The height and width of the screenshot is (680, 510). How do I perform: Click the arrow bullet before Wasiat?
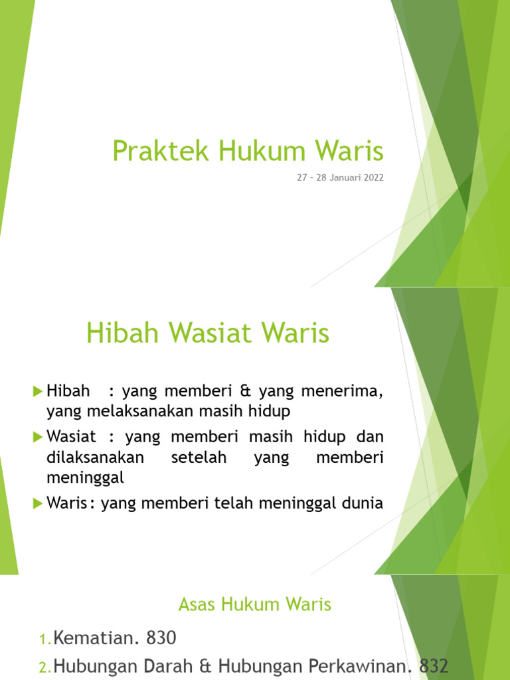point(37,437)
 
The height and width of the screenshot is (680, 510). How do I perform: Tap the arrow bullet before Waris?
point(37,503)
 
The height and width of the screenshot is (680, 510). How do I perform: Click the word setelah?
point(199,458)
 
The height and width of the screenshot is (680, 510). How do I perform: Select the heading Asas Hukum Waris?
point(255,604)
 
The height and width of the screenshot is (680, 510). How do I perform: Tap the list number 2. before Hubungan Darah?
point(44,666)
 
